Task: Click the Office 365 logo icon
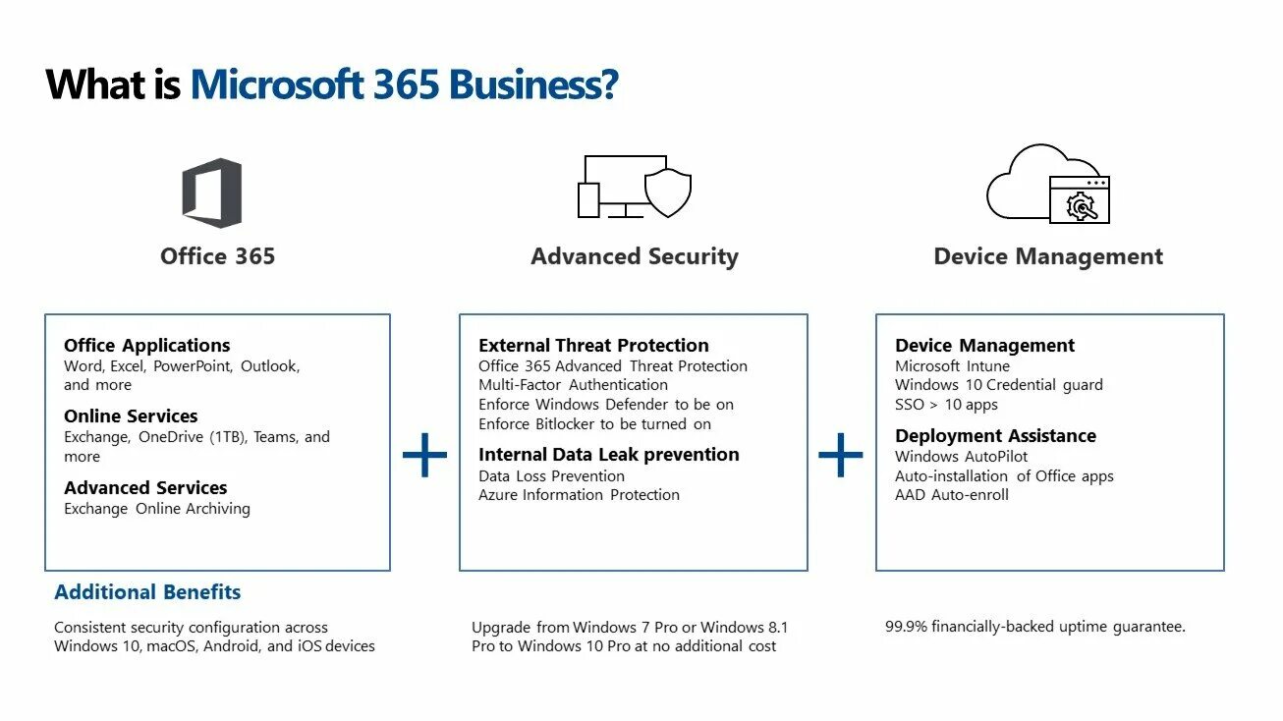tap(211, 194)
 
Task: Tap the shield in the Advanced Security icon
tap(668, 193)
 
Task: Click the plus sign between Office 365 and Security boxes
tap(424, 456)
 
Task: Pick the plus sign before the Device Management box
tap(841, 456)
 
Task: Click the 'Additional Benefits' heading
tap(147, 592)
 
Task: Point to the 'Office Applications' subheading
tap(147, 345)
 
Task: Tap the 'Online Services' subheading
tap(131, 416)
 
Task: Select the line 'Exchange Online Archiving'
tap(157, 509)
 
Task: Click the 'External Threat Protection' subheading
tap(593, 345)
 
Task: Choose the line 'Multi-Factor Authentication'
tap(573, 385)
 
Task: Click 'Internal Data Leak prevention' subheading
tap(608, 454)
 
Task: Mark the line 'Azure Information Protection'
tap(579, 495)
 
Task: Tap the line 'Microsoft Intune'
tap(952, 365)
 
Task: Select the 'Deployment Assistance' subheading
tap(995, 435)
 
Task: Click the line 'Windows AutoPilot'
tap(961, 456)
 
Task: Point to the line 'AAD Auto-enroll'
tap(951, 495)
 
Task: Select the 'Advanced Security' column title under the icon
tap(635, 256)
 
